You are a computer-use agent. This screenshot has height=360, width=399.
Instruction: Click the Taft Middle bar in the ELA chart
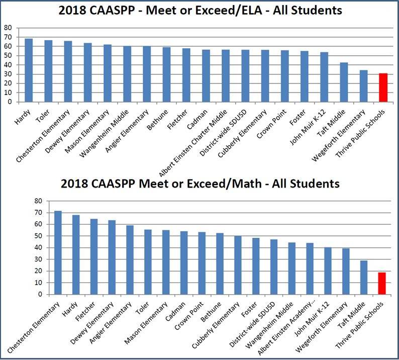(x=344, y=82)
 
